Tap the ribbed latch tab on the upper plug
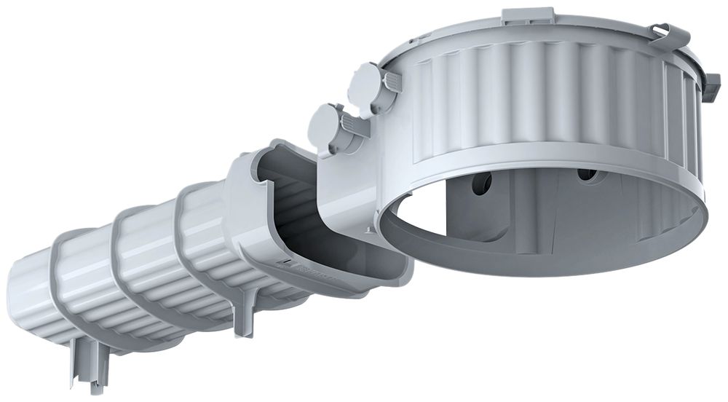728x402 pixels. pos(392,82)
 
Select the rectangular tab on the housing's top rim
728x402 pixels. pos(528,16)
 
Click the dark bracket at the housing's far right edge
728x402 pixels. pos(710,87)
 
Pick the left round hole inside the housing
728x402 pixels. pos(481,183)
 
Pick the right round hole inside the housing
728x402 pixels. pos(587,175)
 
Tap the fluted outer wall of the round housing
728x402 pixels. pos(539,87)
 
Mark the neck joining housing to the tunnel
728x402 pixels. pos(349,189)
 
